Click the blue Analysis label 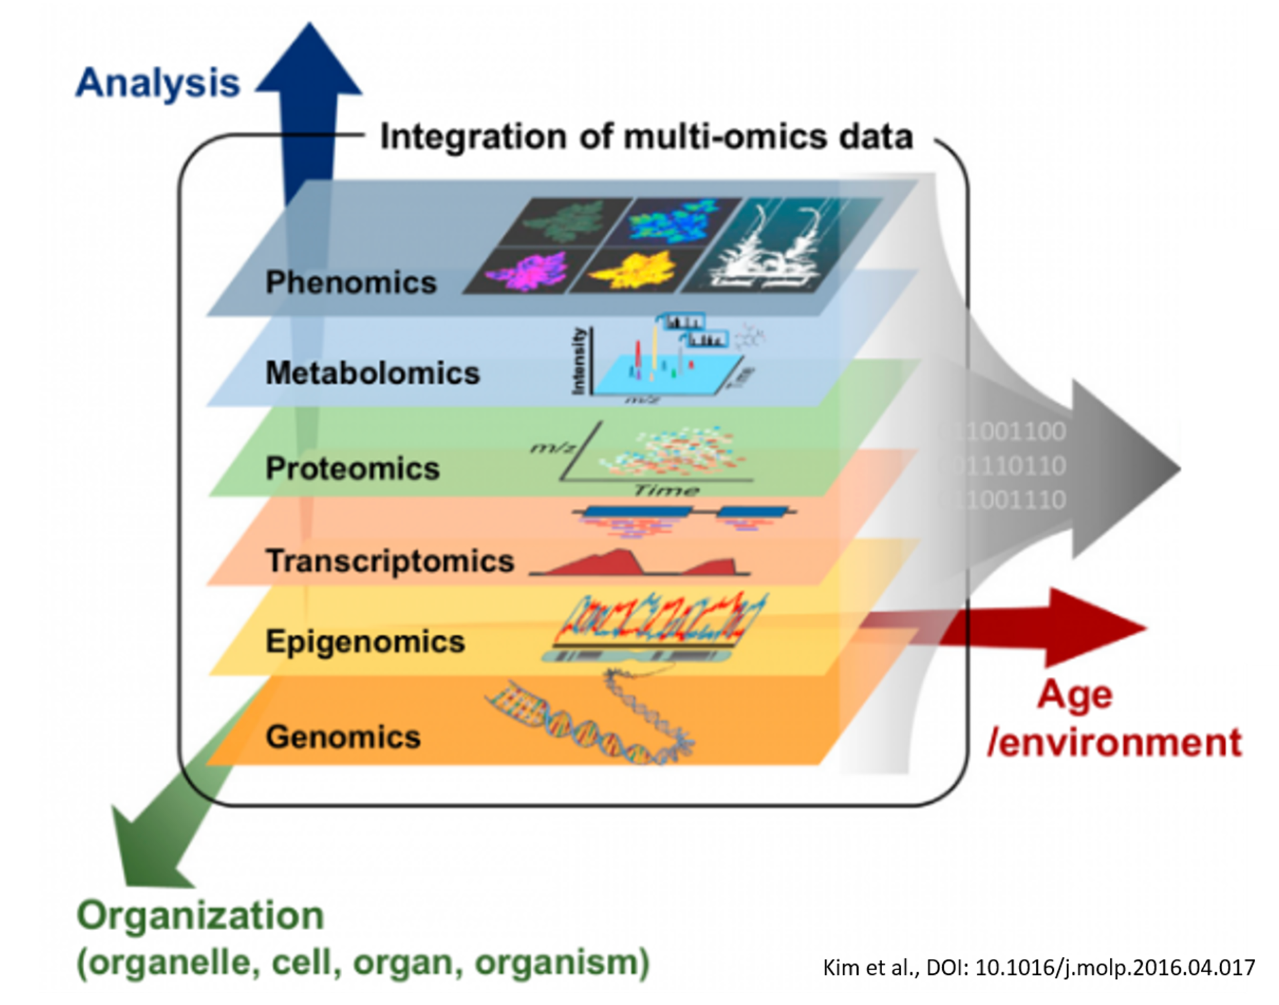[x=158, y=83]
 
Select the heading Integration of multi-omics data [x=646, y=136]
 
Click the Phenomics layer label [x=351, y=282]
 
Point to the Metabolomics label [x=372, y=372]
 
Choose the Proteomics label [x=352, y=468]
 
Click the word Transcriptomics [x=390, y=560]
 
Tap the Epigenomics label [x=365, y=641]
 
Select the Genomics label [x=343, y=736]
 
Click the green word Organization [x=200, y=915]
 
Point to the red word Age [x=1075, y=695]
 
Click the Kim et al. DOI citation [x=1038, y=967]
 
